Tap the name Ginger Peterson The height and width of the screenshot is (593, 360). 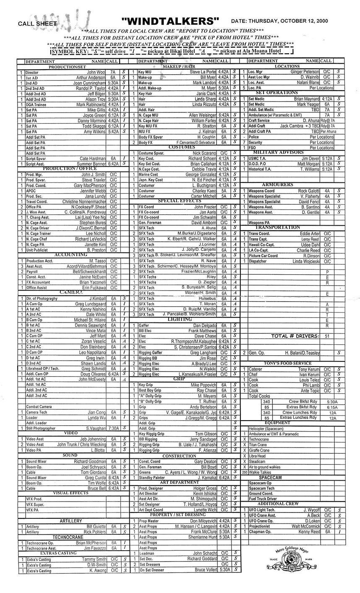coord(305,72)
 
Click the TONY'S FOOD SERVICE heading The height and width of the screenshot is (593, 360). coord(287,363)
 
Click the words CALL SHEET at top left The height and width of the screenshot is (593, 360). coord(37,23)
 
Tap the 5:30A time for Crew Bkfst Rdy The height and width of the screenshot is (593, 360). coord(331,401)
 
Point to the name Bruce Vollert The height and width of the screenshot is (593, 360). coord(206,570)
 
